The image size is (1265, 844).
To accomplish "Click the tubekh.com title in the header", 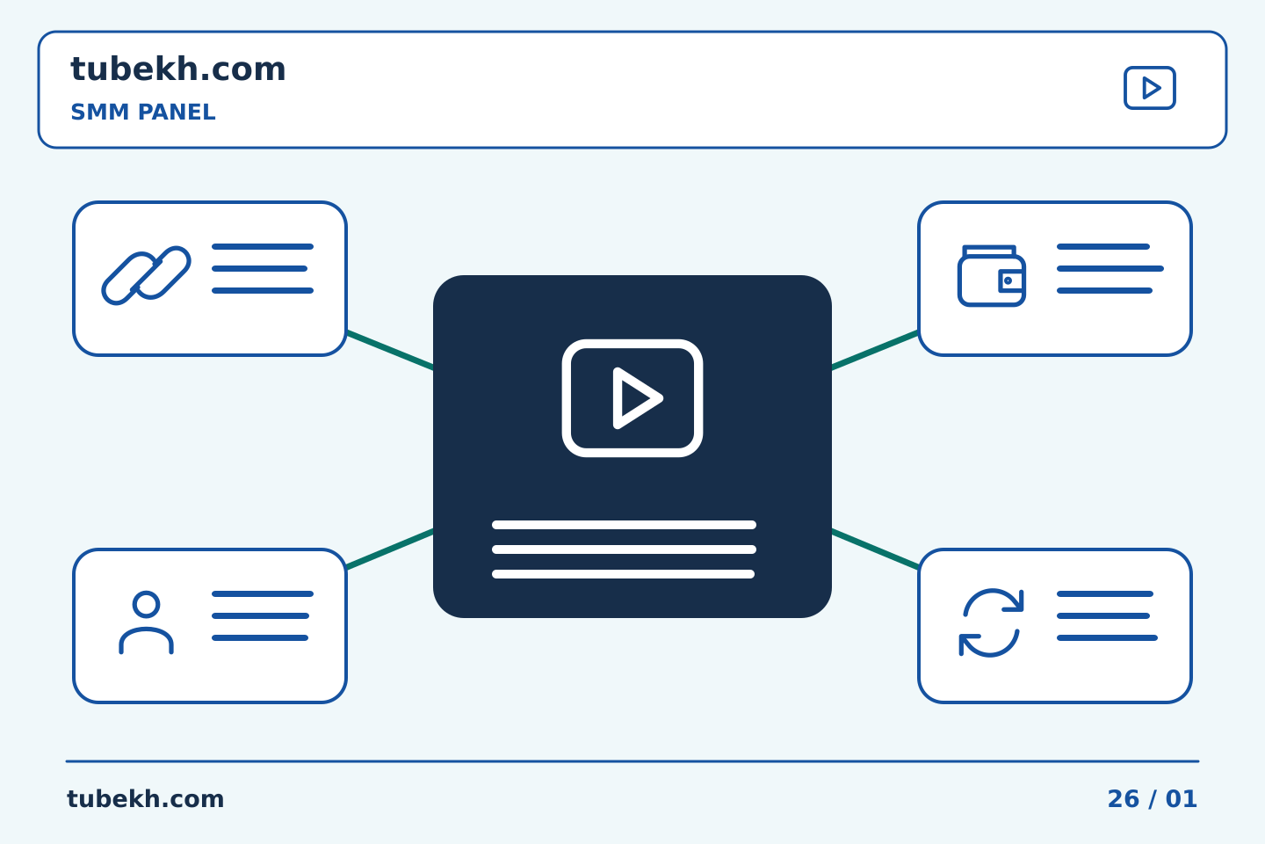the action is [177, 69].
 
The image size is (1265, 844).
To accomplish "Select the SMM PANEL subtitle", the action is [143, 112].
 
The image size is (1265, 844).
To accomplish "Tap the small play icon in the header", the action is [1149, 88].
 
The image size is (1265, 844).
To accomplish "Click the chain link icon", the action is [146, 275].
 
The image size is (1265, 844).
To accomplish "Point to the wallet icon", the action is [992, 276].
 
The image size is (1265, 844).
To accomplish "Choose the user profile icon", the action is [146, 622].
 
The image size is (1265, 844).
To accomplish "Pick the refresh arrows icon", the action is [991, 622].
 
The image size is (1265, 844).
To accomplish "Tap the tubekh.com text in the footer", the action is [145, 799].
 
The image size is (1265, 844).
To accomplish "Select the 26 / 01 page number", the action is [1152, 799].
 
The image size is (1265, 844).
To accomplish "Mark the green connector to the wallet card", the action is [875, 351].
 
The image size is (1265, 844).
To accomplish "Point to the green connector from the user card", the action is [390, 549].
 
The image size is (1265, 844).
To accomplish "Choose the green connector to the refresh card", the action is [875, 549].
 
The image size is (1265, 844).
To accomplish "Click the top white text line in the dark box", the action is [624, 525].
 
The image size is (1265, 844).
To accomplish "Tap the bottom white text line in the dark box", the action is [624, 574].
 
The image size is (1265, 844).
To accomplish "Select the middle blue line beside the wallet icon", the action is [1110, 268].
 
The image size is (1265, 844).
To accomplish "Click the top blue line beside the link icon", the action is [263, 246].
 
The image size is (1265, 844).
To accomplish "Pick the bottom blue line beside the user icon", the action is [260, 637].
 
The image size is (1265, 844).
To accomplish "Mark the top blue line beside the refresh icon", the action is [1105, 593].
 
